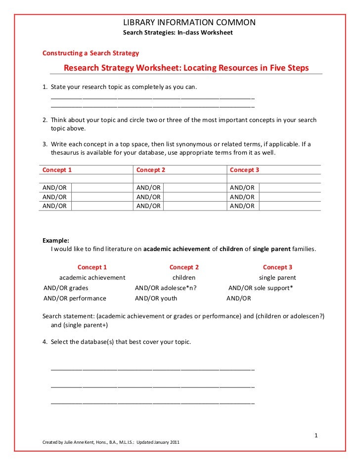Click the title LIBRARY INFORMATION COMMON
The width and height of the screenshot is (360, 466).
point(189,23)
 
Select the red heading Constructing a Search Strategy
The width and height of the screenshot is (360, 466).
point(90,53)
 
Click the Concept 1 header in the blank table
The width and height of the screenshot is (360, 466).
point(57,170)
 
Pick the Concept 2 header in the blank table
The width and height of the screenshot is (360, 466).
point(150,170)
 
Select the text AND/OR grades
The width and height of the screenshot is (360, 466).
point(66,288)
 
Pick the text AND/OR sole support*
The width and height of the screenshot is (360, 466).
point(261,288)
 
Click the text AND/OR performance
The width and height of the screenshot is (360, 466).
point(75,298)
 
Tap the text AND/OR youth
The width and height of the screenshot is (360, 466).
point(156,298)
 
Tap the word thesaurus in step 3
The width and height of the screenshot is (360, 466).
point(66,153)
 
